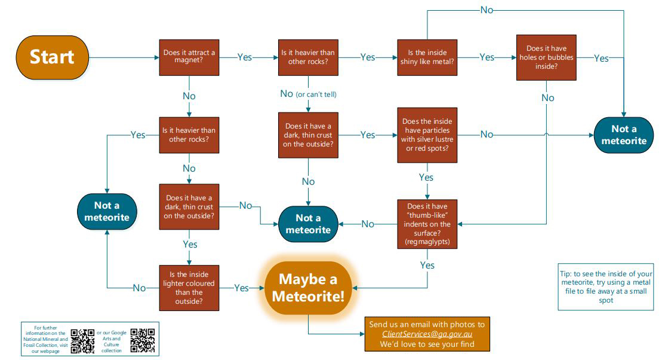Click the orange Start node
pos(52,57)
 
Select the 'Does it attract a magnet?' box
pos(189,57)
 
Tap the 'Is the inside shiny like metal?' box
pos(428,57)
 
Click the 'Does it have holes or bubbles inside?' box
pos(547,57)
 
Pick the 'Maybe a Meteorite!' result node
pos(308,288)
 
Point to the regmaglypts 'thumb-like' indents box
pos(427,224)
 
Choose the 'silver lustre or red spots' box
pos(427,135)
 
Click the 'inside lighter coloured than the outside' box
pos(189,288)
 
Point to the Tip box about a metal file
pos(605,286)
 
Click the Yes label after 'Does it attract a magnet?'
pos(245,57)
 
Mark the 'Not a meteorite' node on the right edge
pos(623,135)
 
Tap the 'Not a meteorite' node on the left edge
pos(107,211)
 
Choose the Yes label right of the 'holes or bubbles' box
pos(601,58)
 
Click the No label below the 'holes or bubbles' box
pos(547,97)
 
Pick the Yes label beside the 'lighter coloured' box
pos(241,288)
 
